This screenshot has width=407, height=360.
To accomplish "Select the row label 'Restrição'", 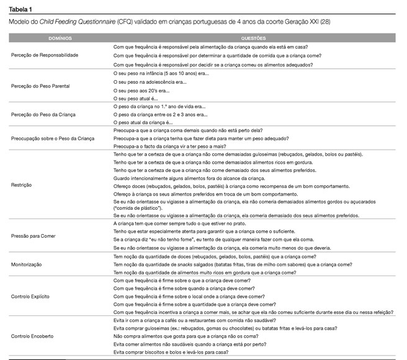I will coord(22,185).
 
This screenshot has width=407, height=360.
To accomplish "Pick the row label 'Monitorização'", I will coord(29,264).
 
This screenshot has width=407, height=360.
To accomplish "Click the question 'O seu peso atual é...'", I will coord(137,98).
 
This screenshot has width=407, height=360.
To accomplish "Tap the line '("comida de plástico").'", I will coord(136,208).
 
